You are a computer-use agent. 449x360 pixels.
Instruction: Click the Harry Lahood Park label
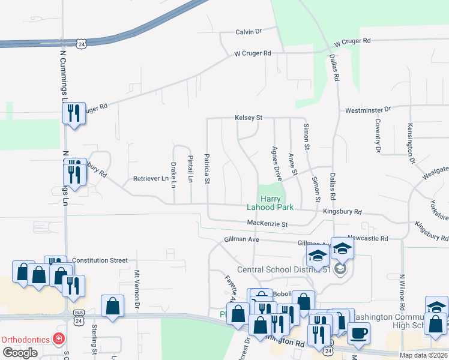point(270,203)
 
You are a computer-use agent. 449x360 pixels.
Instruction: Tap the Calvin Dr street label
point(249,31)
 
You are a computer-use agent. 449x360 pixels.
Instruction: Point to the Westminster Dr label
point(368,110)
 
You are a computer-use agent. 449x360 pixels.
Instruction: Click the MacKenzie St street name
point(268,224)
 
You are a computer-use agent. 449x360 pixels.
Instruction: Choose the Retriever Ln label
point(151,179)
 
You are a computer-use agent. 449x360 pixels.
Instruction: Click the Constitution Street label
point(100,260)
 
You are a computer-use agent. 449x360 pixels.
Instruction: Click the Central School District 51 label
point(285,269)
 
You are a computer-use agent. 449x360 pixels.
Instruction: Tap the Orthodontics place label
point(25,339)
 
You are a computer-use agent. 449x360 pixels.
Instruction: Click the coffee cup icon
point(358,332)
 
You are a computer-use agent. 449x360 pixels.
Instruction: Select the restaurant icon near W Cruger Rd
point(74,112)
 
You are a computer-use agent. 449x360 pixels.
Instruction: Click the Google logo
point(20,353)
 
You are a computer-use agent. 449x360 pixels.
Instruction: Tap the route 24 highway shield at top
point(82,43)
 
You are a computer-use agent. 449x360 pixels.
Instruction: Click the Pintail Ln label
point(190,169)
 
